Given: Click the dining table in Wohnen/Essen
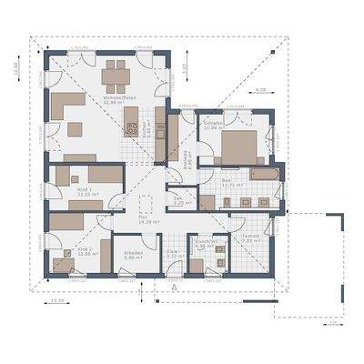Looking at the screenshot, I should click(116, 72).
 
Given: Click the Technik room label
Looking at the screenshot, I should click(250, 238).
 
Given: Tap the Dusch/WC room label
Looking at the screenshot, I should click(205, 244).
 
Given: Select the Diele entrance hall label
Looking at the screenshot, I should click(173, 256).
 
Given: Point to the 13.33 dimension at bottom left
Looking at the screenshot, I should click(56, 299).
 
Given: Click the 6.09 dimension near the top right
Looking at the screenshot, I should click(260, 90).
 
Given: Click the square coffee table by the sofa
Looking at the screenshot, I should click(76, 129).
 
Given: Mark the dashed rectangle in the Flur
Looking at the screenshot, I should click(147, 204).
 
